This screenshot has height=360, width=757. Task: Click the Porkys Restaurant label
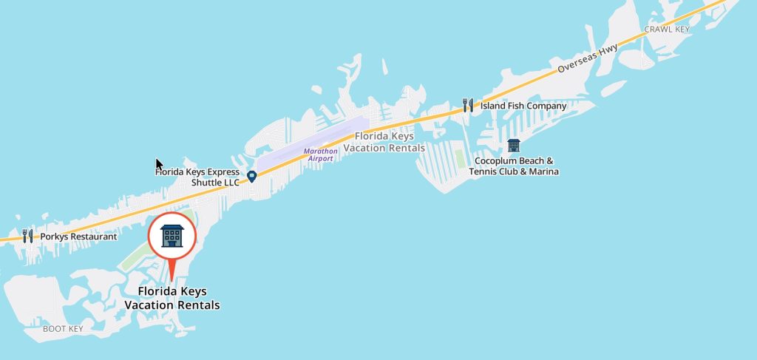pos(78,237)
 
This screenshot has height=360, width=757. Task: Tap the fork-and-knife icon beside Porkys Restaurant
pos(28,236)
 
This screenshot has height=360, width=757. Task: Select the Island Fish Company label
pos(523,106)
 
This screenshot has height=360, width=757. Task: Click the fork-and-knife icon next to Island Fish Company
pos(467,105)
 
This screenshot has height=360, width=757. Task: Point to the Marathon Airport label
pos(321,154)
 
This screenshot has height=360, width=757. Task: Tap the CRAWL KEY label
pos(667,30)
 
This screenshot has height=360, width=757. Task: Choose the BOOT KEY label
pos(63,328)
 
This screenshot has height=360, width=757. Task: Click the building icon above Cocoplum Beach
pos(514,145)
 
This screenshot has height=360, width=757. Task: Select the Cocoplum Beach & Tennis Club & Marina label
pos(514,166)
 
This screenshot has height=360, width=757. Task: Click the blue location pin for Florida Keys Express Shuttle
pos(251,177)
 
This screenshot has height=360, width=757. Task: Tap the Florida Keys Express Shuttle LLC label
pos(197,177)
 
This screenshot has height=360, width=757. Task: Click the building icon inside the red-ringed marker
pos(172,236)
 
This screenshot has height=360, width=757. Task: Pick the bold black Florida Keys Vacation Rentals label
pos(172,298)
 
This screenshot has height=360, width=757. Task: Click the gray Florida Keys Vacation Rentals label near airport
pos(390,142)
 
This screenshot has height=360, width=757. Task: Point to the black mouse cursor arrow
pos(158,164)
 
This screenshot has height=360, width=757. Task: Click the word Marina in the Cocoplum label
pos(543,172)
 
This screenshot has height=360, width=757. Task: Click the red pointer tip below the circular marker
pos(172,278)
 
